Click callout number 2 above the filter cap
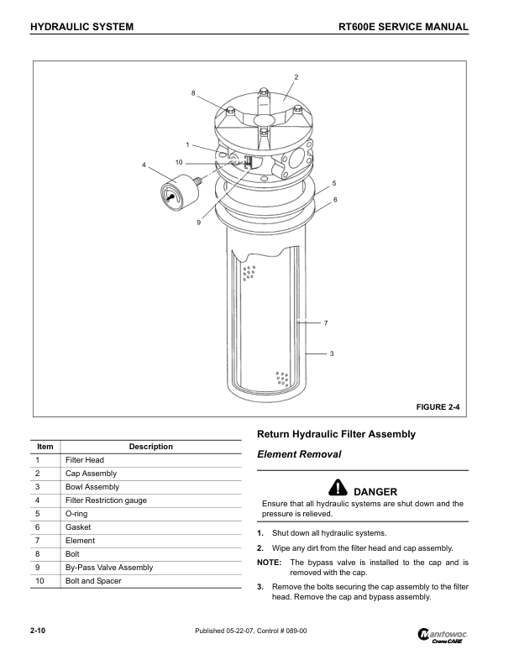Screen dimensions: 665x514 [x=296, y=77]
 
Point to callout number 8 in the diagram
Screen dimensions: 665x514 [x=193, y=92]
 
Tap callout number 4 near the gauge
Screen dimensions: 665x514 [x=144, y=165]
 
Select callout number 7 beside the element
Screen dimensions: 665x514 [x=325, y=323]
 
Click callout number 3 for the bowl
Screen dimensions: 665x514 [x=332, y=353]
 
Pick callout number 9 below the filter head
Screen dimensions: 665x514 [x=199, y=223]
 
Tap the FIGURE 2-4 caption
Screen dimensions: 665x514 [x=438, y=407]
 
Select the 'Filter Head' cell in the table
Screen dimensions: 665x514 [x=84, y=460]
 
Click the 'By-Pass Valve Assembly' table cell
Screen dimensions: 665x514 [x=108, y=568]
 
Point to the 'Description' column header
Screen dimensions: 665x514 [x=151, y=447]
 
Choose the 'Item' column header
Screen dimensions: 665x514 [x=46, y=447]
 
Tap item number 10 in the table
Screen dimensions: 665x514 [x=40, y=581]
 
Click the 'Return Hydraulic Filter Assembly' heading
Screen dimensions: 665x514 [x=335, y=434]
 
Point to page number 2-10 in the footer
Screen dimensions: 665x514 [x=37, y=631]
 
